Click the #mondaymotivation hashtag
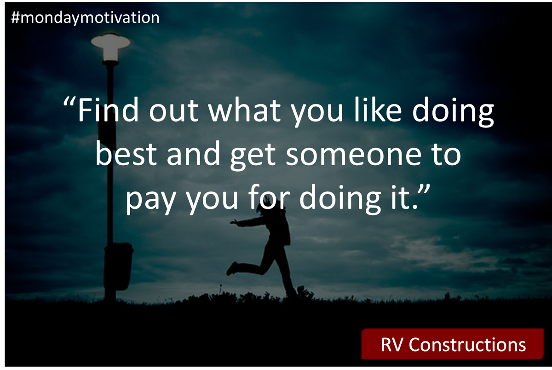pyautogui.click(x=84, y=18)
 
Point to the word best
pyautogui.click(x=126, y=156)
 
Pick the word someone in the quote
pyautogui.click(x=352, y=156)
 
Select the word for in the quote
pyautogui.click(x=267, y=199)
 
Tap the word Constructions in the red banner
pyautogui.click(x=467, y=345)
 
